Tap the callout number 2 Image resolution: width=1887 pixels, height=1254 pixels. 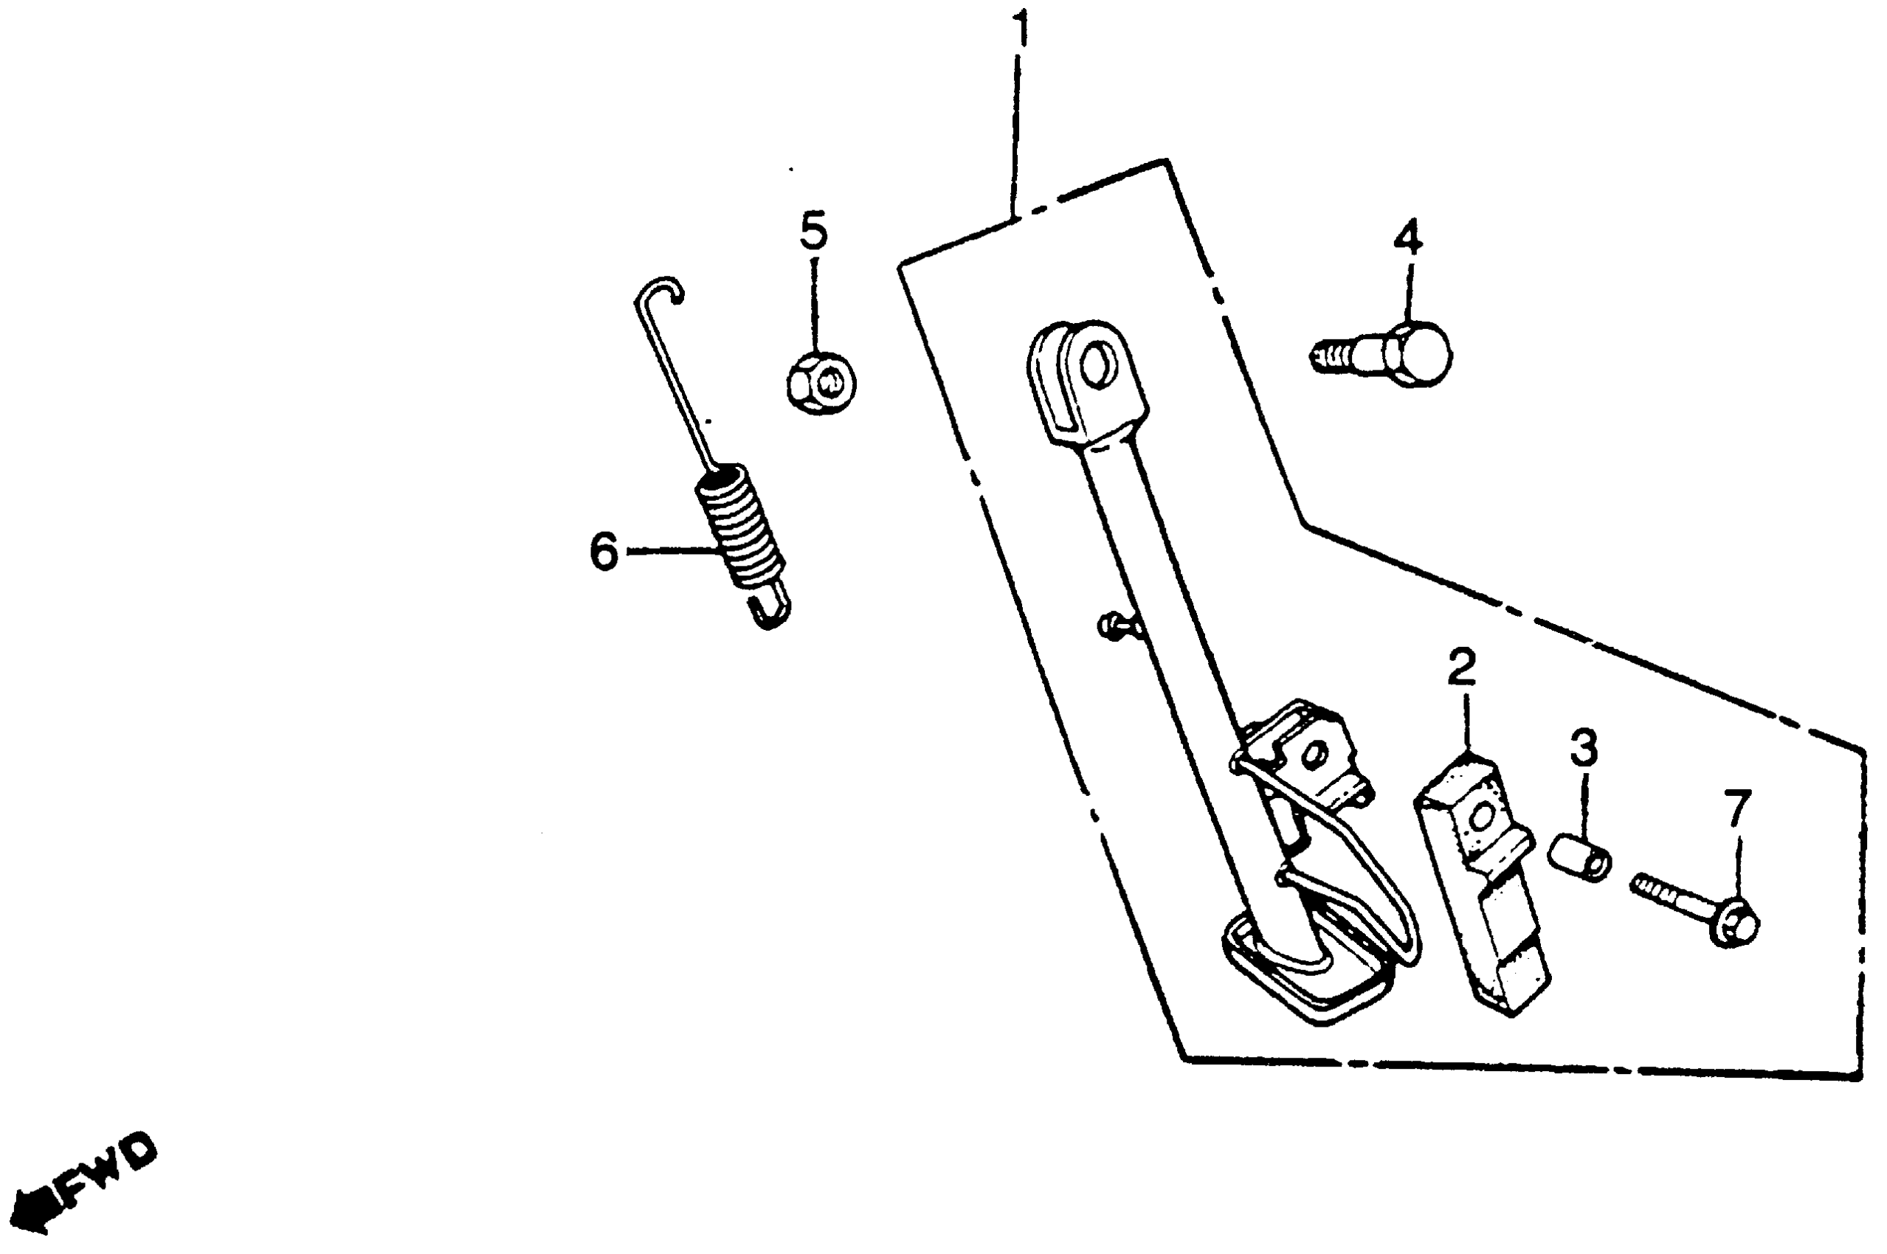point(1461,668)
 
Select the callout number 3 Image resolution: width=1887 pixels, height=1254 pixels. point(1583,748)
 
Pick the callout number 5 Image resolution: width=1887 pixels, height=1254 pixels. point(813,230)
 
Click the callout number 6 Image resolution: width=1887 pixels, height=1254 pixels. point(604,551)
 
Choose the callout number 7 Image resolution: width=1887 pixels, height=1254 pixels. point(1736,808)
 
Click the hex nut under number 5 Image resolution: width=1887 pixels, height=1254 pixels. point(821,384)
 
